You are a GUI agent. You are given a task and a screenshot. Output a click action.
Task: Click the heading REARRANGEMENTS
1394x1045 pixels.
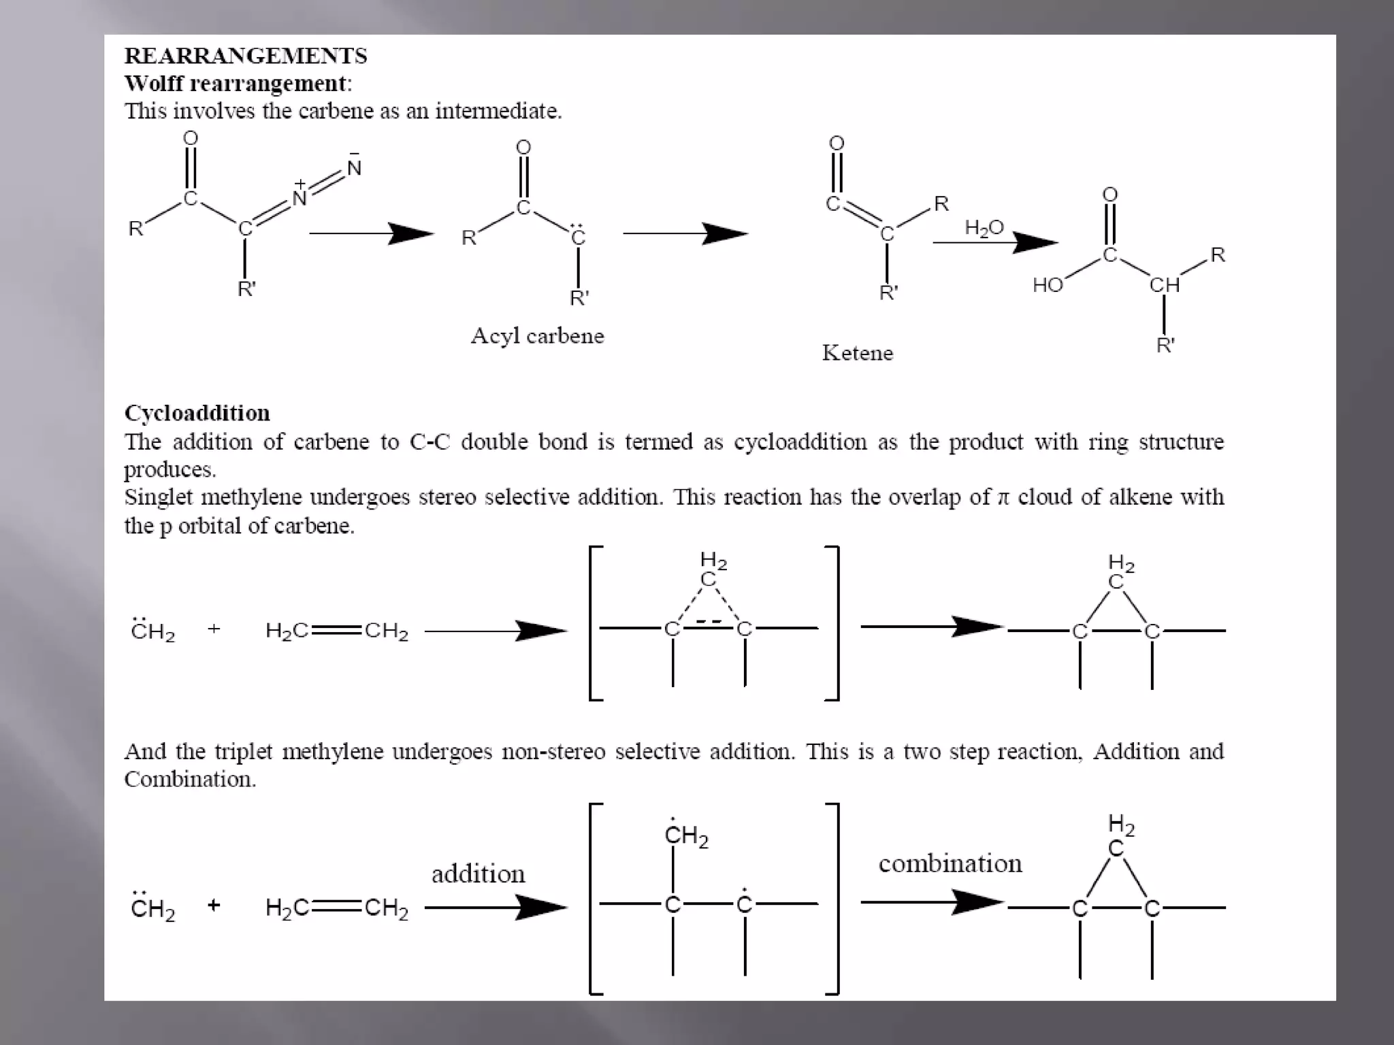(x=246, y=56)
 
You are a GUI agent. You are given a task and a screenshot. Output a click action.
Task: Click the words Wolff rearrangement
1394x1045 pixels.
(x=236, y=84)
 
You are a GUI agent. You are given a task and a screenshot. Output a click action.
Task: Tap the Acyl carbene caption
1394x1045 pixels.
(x=537, y=336)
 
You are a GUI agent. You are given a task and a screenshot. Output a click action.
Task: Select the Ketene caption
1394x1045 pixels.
(x=857, y=353)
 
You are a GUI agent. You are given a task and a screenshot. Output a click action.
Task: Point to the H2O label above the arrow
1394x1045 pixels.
(x=984, y=227)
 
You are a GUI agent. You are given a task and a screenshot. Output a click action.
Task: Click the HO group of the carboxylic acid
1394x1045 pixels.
(x=1048, y=285)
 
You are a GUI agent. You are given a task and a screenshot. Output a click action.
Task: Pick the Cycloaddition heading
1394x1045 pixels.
(x=197, y=413)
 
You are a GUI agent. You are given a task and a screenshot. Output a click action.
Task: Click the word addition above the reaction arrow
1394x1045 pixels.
(x=478, y=874)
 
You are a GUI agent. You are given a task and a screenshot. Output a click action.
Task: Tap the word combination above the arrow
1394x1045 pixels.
(x=950, y=864)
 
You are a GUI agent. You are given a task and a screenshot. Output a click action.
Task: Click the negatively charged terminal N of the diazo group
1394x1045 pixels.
(x=354, y=167)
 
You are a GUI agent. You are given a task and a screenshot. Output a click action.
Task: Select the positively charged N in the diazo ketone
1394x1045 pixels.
(x=299, y=197)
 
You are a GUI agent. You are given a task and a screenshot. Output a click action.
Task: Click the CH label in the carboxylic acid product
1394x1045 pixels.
(x=1164, y=285)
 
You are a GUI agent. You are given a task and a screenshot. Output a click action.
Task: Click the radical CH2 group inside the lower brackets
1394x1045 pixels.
(x=686, y=835)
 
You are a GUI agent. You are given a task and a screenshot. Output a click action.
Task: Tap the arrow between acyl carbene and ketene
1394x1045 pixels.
(x=685, y=233)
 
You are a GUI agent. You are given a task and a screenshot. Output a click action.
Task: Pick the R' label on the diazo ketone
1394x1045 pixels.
(x=246, y=289)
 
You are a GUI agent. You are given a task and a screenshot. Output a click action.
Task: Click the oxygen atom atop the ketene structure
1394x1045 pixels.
(x=837, y=144)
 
